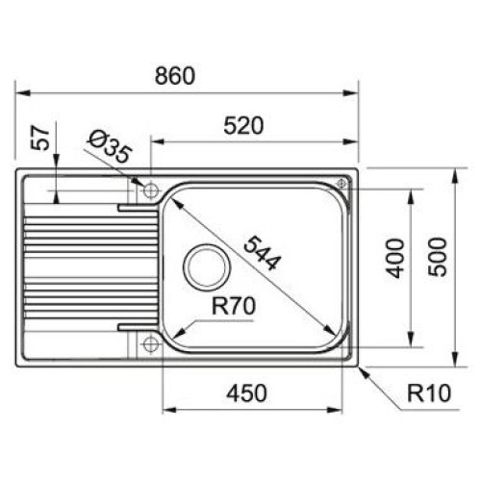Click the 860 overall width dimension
[x=175, y=76]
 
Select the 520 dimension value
[x=243, y=126]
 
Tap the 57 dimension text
[x=40, y=138]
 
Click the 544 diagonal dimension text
[x=262, y=253]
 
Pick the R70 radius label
[x=234, y=306]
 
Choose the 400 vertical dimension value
[x=395, y=258]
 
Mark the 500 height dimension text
[x=438, y=257]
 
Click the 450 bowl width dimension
[x=246, y=393]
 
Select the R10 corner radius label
[x=429, y=392]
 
